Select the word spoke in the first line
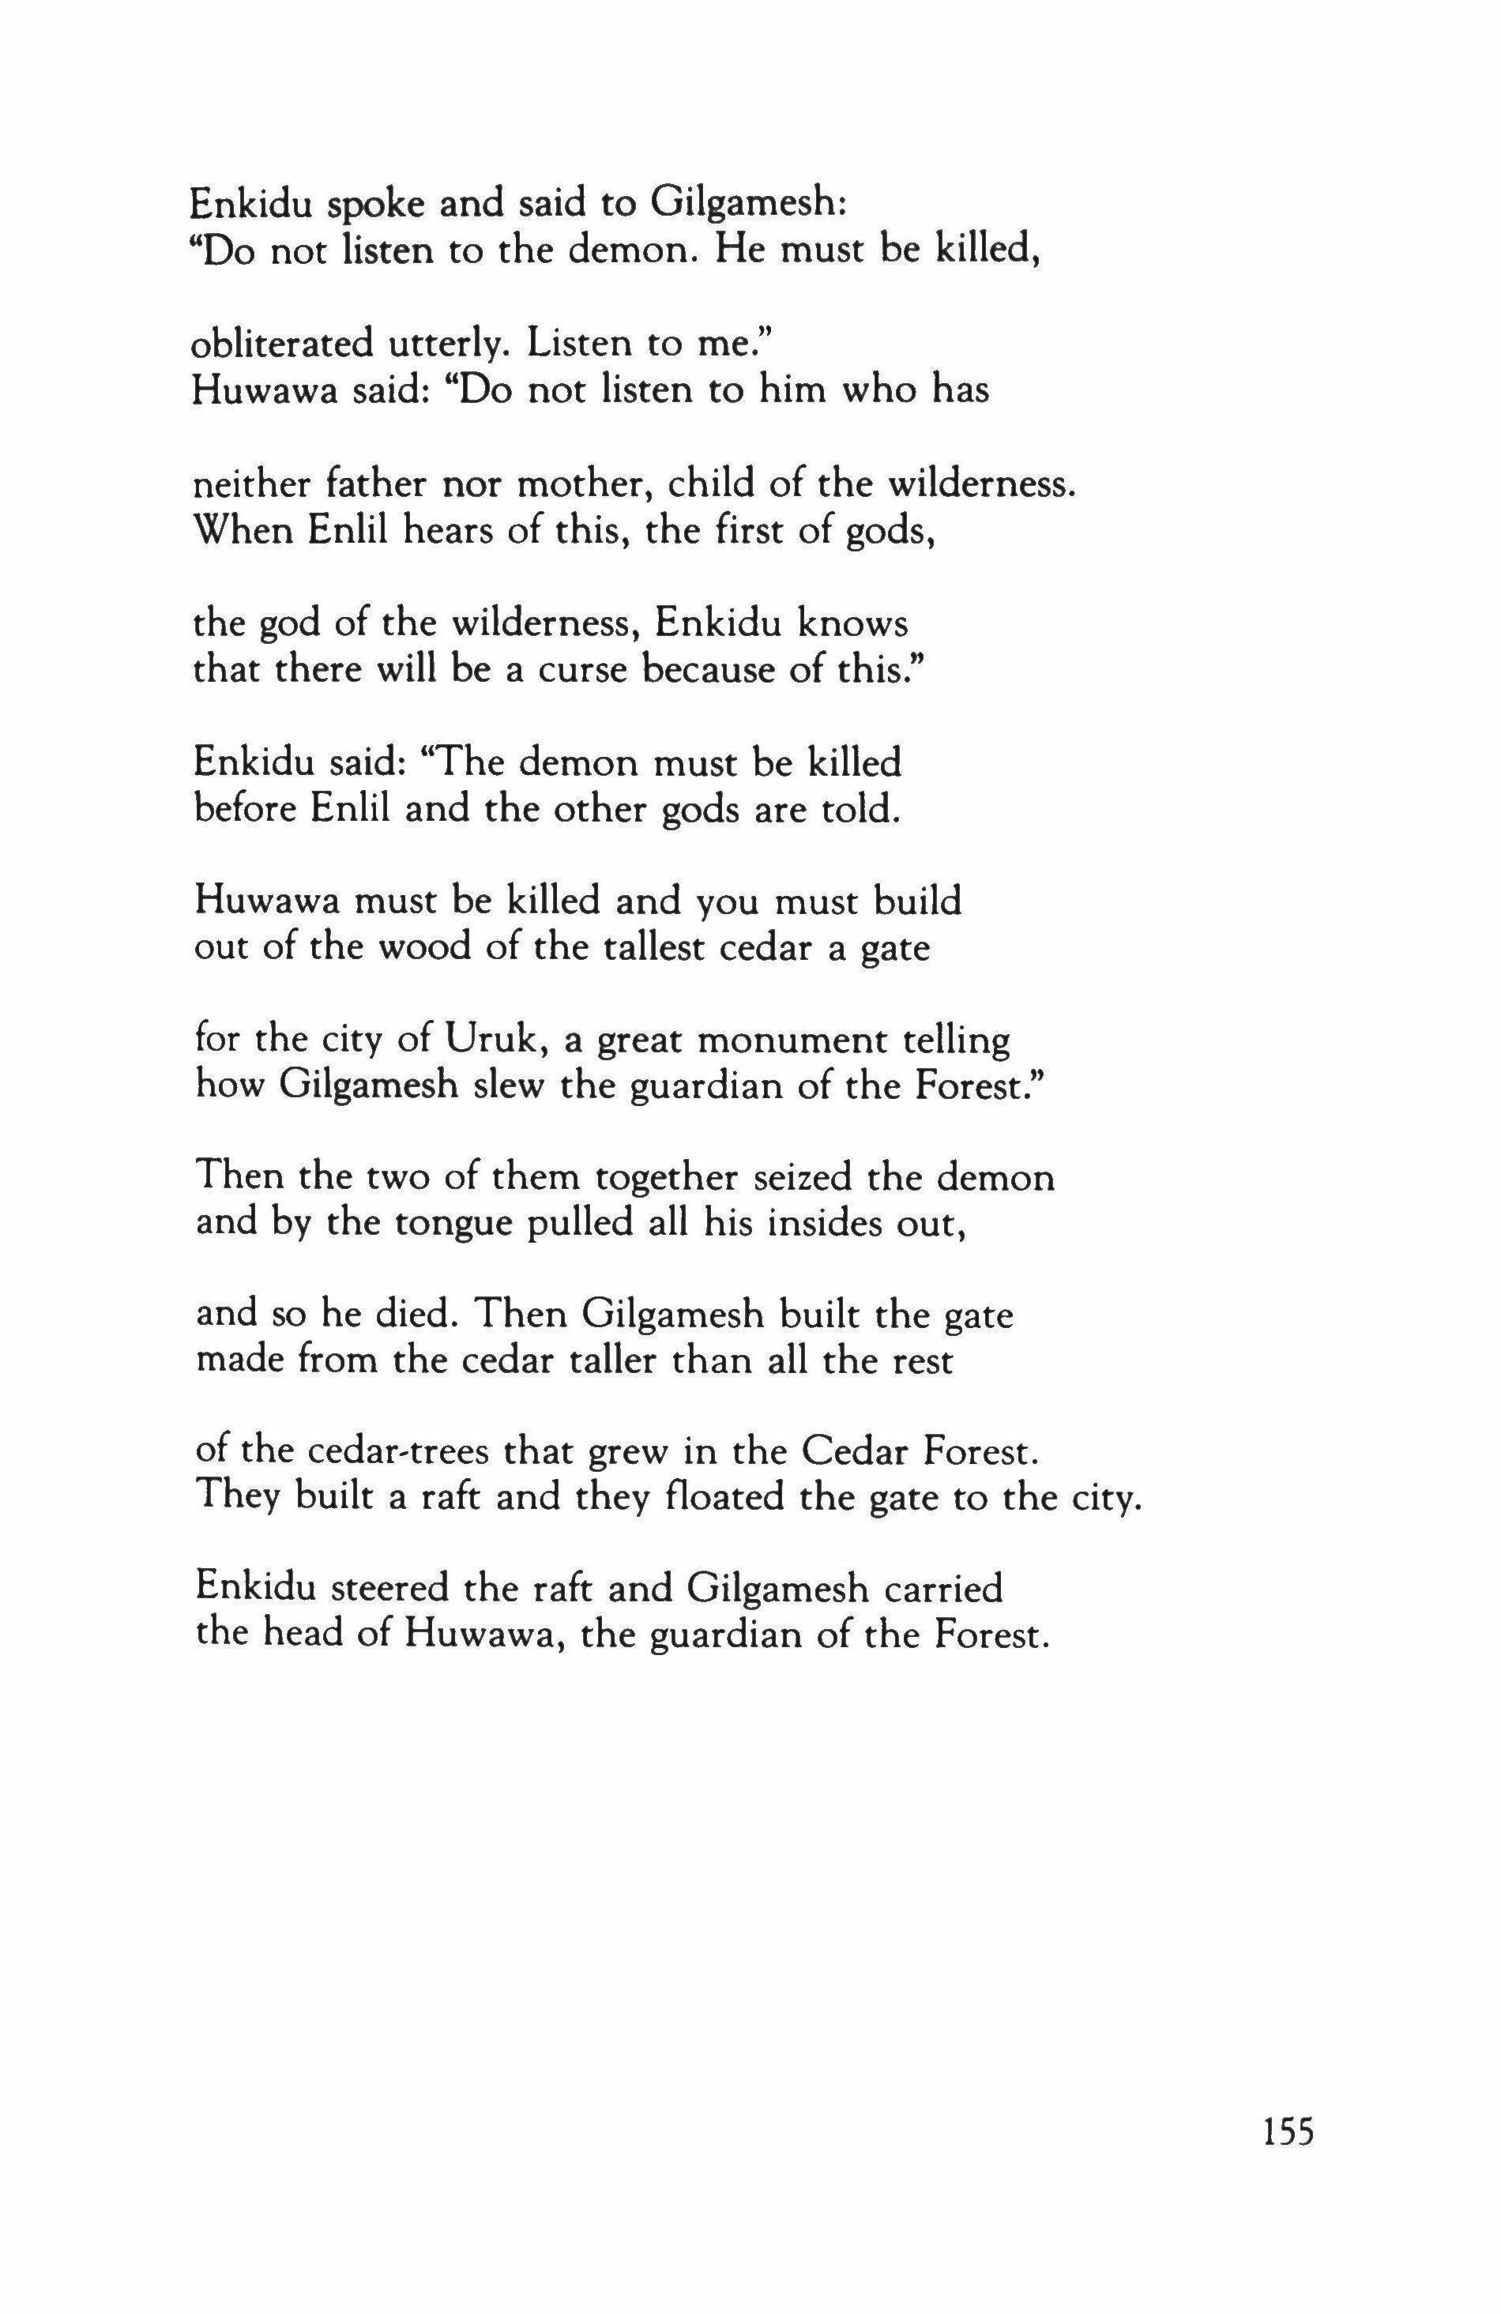point(346,204)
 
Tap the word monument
point(792,1041)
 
